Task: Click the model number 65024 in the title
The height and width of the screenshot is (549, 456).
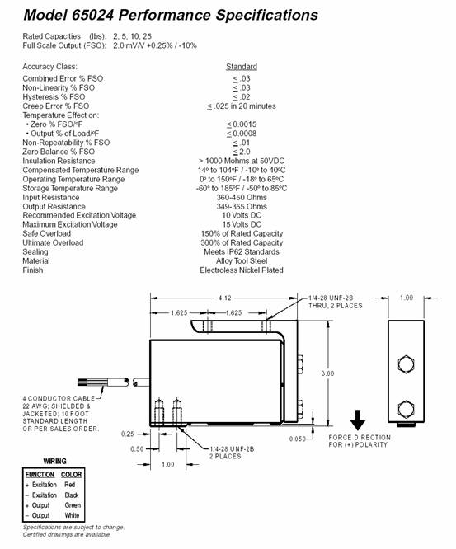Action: [92, 15]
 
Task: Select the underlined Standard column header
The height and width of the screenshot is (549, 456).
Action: [242, 67]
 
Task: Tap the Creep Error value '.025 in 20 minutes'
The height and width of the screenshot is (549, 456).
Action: [244, 106]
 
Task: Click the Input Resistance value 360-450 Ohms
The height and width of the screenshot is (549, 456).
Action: [242, 198]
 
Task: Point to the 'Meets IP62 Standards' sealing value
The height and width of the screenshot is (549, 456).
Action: [242, 251]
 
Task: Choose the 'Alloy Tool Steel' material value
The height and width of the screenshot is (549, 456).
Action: [242, 260]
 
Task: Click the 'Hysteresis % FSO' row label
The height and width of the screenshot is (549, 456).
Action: [54, 97]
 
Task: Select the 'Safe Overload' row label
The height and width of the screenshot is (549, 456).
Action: [46, 233]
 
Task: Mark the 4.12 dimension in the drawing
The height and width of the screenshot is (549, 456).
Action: [224, 298]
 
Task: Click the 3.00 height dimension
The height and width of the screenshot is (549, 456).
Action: [327, 373]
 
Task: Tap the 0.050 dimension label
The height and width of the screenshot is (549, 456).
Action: [297, 439]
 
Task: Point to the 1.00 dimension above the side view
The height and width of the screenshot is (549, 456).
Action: [407, 298]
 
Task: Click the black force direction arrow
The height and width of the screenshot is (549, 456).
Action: [358, 420]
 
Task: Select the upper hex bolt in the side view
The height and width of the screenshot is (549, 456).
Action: [407, 364]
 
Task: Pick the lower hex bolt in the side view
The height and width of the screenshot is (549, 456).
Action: [407, 409]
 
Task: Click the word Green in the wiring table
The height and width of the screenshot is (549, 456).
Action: [73, 505]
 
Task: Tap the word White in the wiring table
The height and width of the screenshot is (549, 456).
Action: [72, 515]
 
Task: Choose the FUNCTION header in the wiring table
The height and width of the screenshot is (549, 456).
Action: [40, 475]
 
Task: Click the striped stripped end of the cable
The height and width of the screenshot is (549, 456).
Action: [83, 382]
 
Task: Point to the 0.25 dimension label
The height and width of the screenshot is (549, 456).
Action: [128, 434]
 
